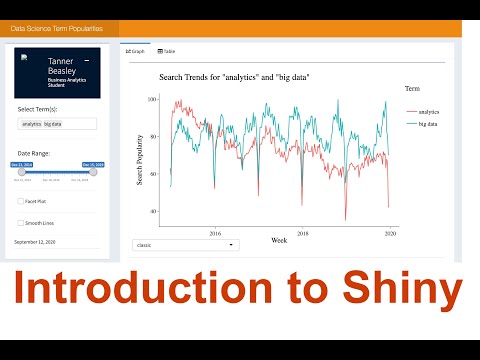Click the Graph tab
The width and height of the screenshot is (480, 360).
(135, 50)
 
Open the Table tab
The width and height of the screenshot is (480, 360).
(167, 50)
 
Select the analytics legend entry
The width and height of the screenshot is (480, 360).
(428, 111)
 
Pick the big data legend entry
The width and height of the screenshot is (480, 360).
(428, 123)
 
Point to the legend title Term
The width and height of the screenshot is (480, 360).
(412, 89)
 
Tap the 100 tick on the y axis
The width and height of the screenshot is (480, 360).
(151, 100)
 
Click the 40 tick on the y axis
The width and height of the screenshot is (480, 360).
(153, 211)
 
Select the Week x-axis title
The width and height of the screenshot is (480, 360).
(279, 240)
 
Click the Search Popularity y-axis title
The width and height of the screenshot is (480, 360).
(139, 159)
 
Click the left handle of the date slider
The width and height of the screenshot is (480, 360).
(22, 172)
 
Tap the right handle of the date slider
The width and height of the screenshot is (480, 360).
(94, 172)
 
